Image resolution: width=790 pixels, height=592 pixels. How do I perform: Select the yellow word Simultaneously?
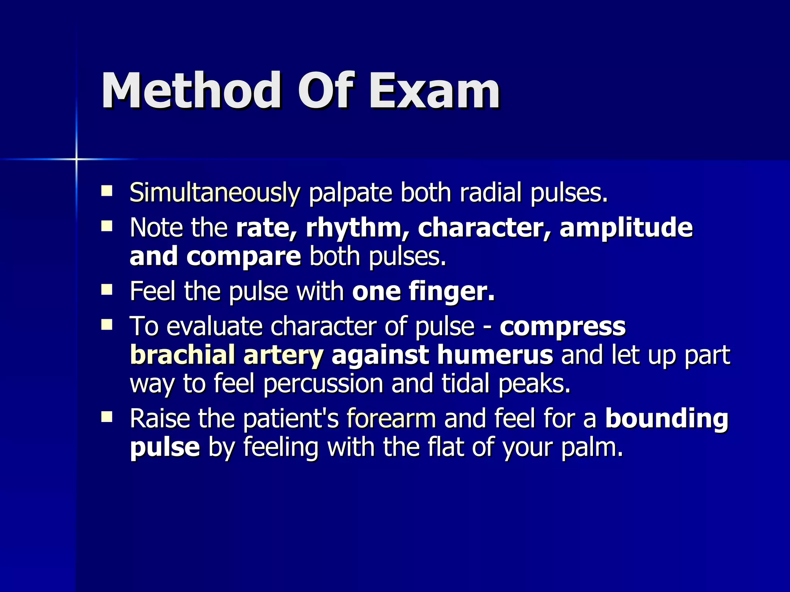click(214, 192)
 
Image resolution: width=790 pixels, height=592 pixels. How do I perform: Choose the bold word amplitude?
click(626, 227)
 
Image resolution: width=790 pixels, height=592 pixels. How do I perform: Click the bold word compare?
click(243, 256)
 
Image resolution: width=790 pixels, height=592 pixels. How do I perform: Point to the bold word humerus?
click(495, 355)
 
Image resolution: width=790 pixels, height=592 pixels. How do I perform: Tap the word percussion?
click(323, 383)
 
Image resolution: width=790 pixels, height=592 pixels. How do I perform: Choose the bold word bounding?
click(667, 419)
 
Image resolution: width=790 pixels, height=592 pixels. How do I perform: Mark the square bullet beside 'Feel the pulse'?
click(106, 289)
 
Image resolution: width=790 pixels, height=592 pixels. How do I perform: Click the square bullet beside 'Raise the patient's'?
click(106, 417)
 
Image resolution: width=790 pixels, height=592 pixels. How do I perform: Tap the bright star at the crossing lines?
click(76, 159)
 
